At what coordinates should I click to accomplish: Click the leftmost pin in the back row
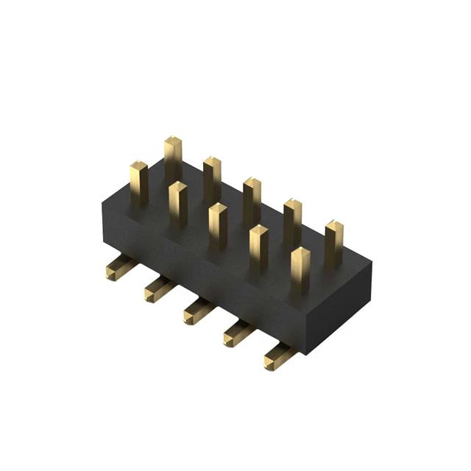[x=173, y=158]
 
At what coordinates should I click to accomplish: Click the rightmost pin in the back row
[x=334, y=241]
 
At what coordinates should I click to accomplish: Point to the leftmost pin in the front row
[x=139, y=184]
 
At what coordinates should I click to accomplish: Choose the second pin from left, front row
[x=178, y=204]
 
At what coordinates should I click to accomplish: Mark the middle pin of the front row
[x=218, y=225]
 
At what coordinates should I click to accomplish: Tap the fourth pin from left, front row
[x=258, y=247]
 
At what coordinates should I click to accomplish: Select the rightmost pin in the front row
[x=300, y=269]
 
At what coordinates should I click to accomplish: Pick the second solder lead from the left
[x=157, y=288]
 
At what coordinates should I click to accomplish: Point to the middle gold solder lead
[x=197, y=310]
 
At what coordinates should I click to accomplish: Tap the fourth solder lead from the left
[x=238, y=333]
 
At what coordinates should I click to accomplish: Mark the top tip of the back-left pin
[x=173, y=140]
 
